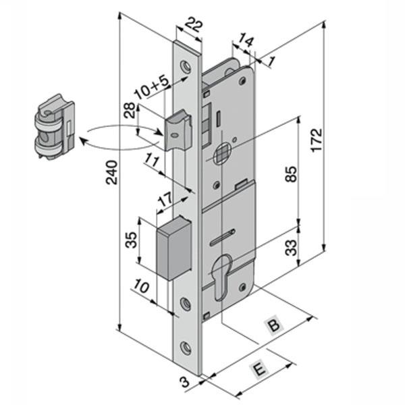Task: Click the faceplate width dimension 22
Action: (x=193, y=26)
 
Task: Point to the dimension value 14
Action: (x=246, y=41)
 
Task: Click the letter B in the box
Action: (x=273, y=326)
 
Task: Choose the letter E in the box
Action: (x=256, y=369)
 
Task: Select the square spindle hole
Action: (x=220, y=158)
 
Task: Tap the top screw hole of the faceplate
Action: (x=185, y=66)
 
